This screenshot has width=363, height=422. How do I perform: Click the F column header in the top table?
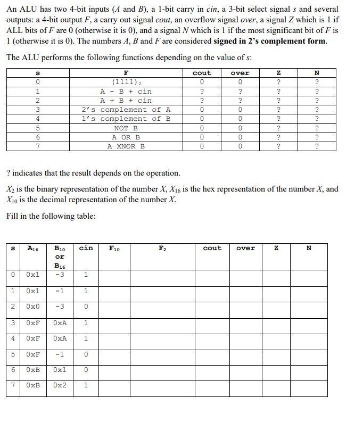126,73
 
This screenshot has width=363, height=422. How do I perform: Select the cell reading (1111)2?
126,82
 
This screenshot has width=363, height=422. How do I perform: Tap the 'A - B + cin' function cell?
126,92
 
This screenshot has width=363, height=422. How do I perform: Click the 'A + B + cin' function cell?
126,101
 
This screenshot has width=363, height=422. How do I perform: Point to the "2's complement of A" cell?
126,110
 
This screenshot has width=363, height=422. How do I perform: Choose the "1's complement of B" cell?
126,119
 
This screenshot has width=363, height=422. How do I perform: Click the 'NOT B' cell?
126,128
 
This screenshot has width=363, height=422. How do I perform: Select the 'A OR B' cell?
126,137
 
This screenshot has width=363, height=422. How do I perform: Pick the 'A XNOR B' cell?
126,146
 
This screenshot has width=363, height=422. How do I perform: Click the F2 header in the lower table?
162,248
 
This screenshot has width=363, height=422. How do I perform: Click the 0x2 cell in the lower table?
60,385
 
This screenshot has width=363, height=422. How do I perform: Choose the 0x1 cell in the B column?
60,369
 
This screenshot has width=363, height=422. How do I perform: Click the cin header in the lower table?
86,248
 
